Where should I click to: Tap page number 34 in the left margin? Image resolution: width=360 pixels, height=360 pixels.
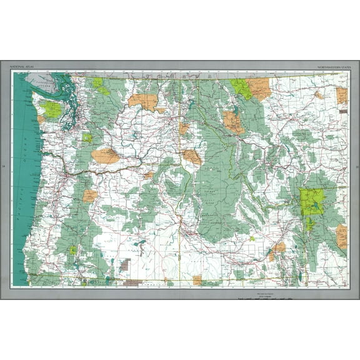4,167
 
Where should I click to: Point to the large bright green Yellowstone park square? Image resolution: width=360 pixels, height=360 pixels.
312,202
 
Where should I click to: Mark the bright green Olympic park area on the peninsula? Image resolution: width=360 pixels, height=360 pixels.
53,109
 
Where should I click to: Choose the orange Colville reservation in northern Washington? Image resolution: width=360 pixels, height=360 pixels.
144,100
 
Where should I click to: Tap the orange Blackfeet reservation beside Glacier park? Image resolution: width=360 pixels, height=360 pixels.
259,88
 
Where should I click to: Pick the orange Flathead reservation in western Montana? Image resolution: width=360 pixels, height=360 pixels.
233,121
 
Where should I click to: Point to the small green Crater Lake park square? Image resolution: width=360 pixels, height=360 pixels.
74,250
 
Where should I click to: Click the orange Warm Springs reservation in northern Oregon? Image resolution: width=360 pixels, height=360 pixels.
89,196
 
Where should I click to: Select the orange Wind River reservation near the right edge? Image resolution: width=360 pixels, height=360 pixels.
341,237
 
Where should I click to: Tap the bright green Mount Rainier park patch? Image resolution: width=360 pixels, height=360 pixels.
87,138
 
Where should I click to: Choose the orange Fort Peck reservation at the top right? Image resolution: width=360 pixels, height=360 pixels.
341,95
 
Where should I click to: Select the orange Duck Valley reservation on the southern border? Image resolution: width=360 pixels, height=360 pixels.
197,279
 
